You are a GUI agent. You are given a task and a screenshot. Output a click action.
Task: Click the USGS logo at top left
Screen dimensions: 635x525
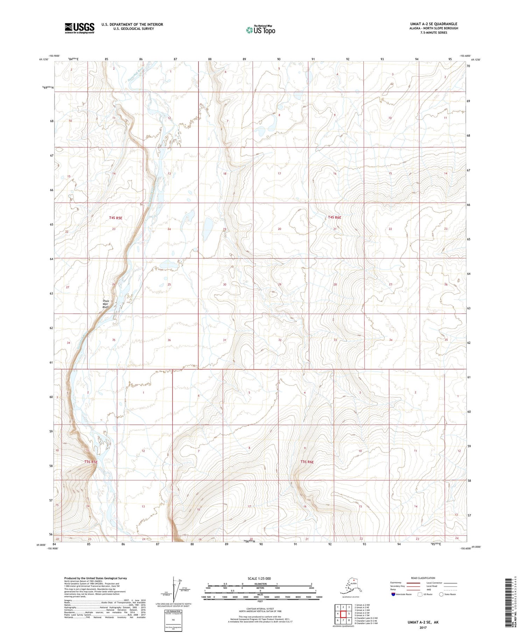coord(79,28)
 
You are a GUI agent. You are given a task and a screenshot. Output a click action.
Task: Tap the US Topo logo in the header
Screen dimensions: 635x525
coord(260,30)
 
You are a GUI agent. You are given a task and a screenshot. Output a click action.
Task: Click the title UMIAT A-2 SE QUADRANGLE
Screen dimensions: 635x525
coord(430,24)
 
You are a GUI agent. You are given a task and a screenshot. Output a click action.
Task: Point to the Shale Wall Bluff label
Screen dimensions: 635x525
coord(105,304)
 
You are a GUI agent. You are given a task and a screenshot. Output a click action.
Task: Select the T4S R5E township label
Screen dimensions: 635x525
coord(115,218)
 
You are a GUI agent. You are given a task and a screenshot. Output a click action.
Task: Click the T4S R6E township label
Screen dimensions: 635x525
coord(334,217)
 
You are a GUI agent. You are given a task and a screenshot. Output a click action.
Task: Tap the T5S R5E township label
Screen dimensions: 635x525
coord(91,462)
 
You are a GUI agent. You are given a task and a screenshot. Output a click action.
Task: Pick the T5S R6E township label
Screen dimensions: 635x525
coord(307,462)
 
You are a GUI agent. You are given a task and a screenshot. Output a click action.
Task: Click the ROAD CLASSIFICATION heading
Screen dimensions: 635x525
coord(423,578)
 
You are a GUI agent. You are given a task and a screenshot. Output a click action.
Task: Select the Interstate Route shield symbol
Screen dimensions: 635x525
coord(393,594)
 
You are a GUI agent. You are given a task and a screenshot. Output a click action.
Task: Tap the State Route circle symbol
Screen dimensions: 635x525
coord(441,594)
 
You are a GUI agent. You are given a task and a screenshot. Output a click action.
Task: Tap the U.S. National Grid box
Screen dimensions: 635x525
coord(174,620)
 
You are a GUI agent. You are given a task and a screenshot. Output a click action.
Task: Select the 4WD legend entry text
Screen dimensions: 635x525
coord(429,589)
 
